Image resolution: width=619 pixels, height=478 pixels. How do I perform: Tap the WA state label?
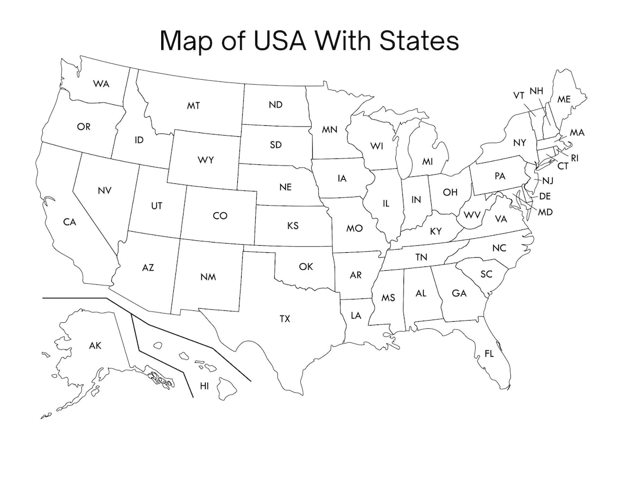click(101, 84)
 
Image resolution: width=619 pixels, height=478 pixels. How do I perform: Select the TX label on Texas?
click(285, 319)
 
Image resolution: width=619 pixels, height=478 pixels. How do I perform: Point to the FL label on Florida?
click(489, 354)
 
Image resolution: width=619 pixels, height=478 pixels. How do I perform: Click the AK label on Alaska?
click(95, 345)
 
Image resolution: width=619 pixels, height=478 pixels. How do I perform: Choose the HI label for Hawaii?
click(204, 386)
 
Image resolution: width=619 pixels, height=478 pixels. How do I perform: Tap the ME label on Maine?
click(564, 99)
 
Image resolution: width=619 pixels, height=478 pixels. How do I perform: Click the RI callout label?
click(574, 158)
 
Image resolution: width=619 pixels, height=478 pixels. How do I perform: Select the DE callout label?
click(545, 196)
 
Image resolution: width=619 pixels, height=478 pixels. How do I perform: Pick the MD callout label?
click(545, 212)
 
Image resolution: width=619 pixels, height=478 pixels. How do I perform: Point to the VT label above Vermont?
click(519, 95)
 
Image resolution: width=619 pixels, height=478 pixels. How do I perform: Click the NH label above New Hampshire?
click(536, 91)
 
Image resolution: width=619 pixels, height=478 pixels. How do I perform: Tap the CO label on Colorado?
click(220, 216)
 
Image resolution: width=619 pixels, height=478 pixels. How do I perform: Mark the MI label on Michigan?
click(428, 162)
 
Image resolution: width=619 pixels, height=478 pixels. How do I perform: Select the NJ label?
click(547, 181)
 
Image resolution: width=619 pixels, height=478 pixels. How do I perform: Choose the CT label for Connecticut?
click(563, 166)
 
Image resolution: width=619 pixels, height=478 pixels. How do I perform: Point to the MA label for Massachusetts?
click(577, 132)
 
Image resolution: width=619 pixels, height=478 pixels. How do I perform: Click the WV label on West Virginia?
click(472, 215)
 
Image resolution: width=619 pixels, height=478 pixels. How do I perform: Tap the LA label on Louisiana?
click(356, 315)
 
